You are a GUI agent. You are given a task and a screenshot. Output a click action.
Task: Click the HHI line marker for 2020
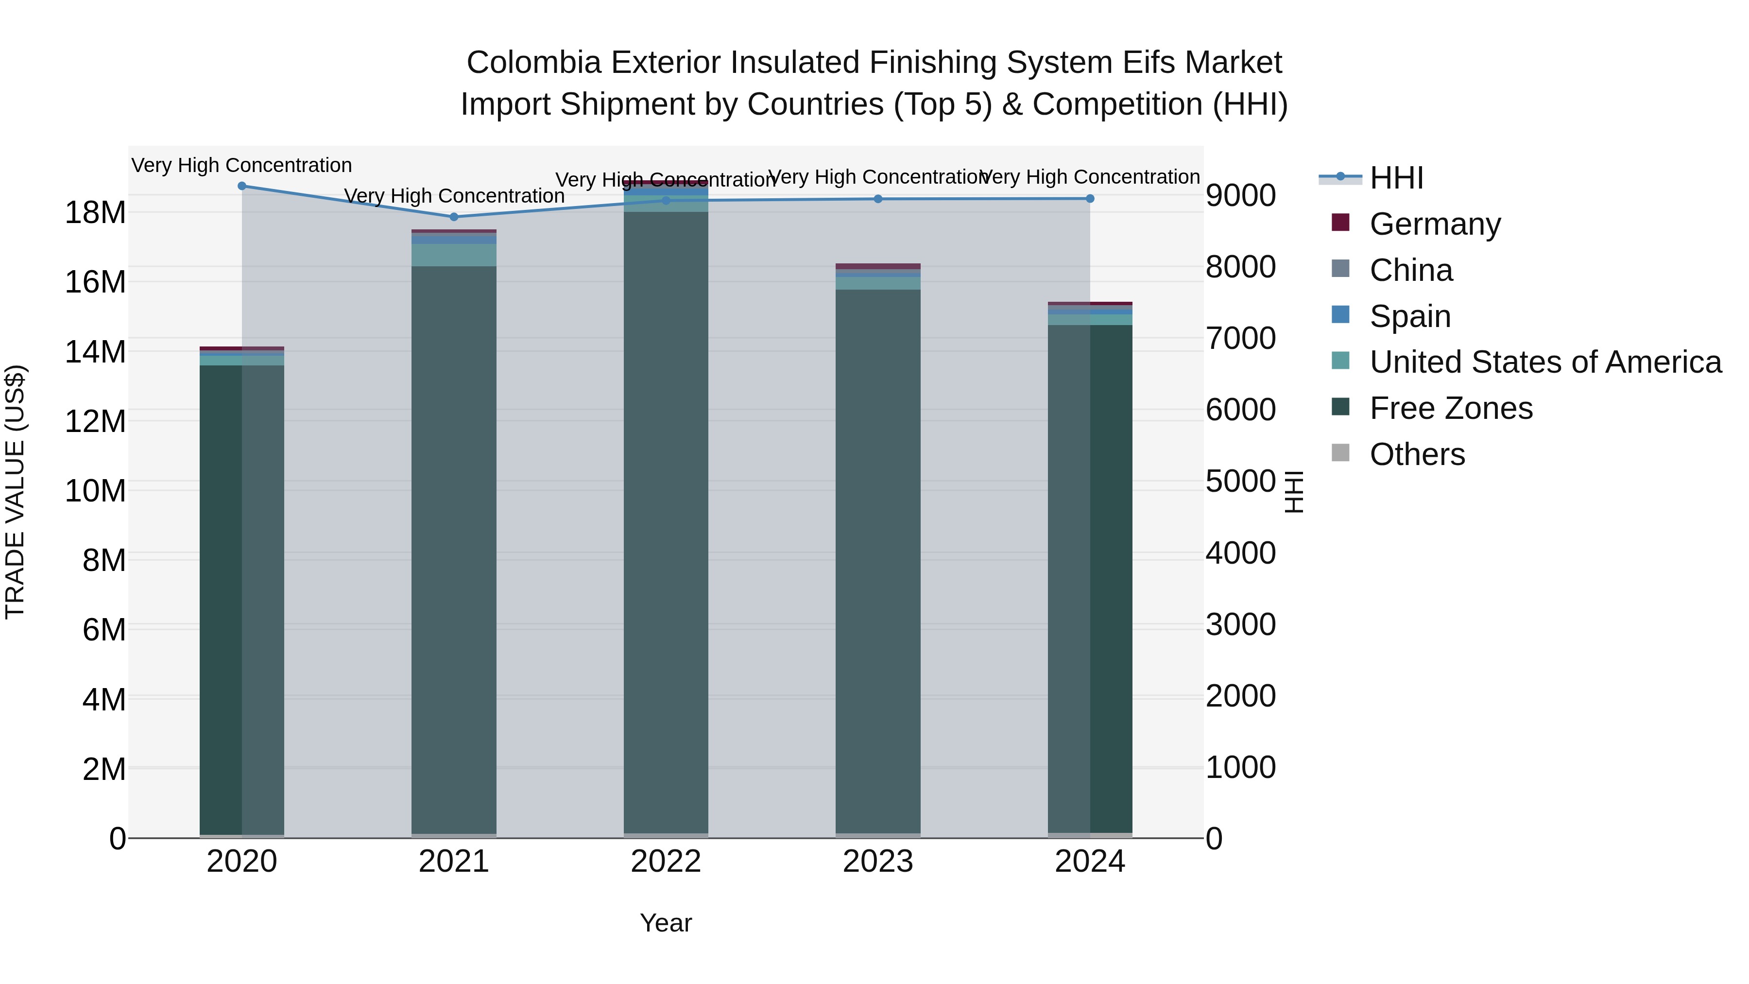242,186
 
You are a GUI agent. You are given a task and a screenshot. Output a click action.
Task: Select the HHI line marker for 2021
454,217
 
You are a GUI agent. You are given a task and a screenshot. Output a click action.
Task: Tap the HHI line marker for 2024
1090,199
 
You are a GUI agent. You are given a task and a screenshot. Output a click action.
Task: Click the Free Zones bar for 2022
666,523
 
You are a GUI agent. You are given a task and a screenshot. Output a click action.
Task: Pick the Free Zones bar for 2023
878,564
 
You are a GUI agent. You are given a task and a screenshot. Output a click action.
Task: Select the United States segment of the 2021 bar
454,255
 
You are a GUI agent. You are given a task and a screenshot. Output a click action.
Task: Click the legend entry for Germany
1435,224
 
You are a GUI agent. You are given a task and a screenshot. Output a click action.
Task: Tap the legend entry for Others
1417,454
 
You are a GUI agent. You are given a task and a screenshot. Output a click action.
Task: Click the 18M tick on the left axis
95,212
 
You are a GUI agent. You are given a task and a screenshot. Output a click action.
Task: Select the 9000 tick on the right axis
1240,195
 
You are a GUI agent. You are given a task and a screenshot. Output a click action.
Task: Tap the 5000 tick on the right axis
1240,482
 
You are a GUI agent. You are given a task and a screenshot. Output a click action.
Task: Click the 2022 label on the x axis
666,862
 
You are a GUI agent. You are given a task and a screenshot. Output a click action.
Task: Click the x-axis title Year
666,923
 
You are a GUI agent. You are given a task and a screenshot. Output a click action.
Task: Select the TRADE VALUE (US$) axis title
15,492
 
